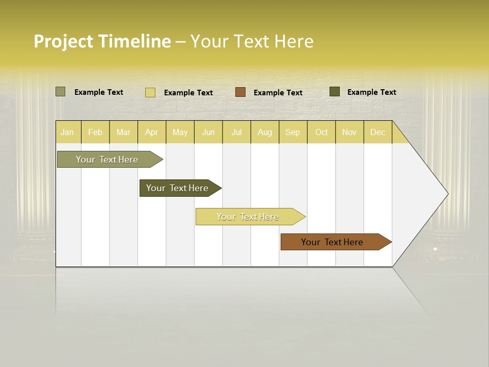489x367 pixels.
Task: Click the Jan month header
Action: click(67, 132)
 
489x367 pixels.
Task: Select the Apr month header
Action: click(151, 132)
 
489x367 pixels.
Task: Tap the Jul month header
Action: click(236, 132)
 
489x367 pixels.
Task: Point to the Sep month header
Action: click(292, 132)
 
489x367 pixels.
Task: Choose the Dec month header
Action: click(377, 132)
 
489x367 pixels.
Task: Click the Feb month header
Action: click(95, 132)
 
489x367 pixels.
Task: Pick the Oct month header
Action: click(321, 132)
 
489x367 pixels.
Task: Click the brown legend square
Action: click(240, 92)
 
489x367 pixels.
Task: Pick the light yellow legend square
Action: click(150, 92)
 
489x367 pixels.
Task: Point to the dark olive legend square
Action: click(335, 92)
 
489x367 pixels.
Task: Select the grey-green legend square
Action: click(61, 92)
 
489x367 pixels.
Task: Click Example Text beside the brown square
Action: click(278, 93)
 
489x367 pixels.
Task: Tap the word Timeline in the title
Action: click(134, 41)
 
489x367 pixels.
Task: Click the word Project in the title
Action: click(63, 41)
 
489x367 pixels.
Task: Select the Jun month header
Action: click(208, 132)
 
